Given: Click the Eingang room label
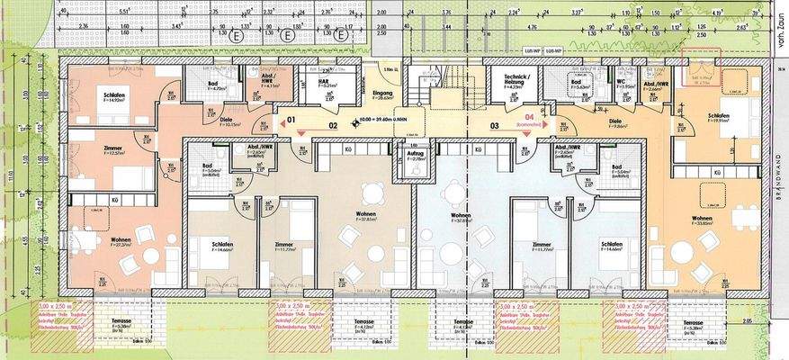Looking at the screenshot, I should [x=381, y=93].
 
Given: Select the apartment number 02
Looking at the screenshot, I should [x=332, y=126].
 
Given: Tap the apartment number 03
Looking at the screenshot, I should [x=493, y=126].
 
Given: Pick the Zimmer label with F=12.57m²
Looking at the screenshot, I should [x=86, y=150].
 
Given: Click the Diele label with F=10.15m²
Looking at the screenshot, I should [x=228, y=120].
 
